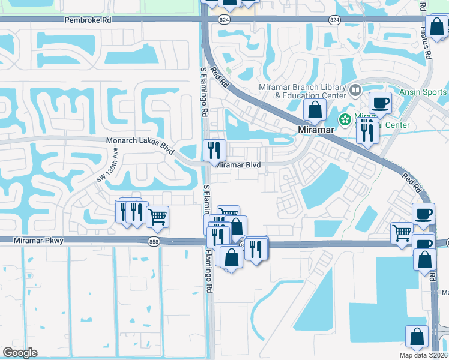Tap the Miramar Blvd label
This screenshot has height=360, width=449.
pyautogui.click(x=238, y=164)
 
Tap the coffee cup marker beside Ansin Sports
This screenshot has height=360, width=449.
pyautogui.click(x=379, y=103)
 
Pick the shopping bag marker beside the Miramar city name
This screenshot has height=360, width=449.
pyautogui.click(x=315, y=110)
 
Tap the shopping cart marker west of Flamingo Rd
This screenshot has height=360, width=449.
pyautogui.click(x=157, y=217)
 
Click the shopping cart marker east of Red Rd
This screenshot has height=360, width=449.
pyautogui.click(x=401, y=232)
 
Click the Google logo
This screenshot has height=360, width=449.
pyautogui.click(x=20, y=353)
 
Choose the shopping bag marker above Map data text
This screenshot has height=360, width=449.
pyautogui.click(x=417, y=338)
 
